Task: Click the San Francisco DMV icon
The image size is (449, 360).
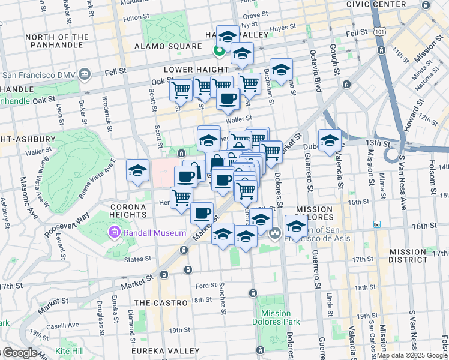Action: tap(84, 76)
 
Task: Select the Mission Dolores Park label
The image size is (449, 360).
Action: tap(276, 317)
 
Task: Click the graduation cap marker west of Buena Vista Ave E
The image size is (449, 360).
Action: tap(138, 170)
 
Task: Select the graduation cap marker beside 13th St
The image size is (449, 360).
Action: tap(330, 141)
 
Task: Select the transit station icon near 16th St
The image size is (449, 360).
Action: tap(377, 224)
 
